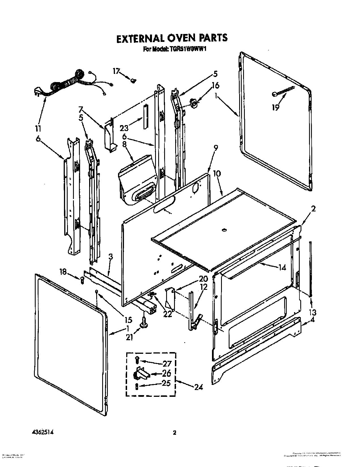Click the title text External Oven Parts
(172, 38)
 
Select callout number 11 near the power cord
(38, 129)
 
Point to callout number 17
(116, 71)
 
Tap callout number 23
(124, 128)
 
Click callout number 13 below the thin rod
(312, 312)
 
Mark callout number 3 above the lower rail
(111, 257)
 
